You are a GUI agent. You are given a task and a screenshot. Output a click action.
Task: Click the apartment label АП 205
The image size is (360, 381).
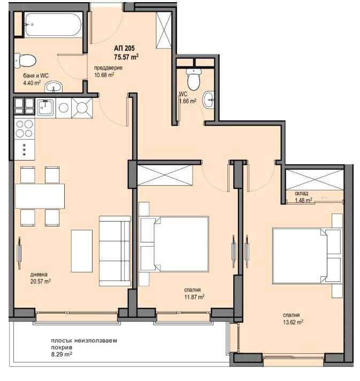(124, 47)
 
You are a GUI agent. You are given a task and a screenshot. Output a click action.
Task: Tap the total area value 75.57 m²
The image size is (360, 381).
(126, 56)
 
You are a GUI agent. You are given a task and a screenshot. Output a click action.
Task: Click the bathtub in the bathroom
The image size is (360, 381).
(52, 25)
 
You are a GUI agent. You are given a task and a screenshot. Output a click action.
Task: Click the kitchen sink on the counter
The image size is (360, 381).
(47, 107)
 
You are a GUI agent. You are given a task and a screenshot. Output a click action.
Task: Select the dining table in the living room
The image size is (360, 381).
(40, 196)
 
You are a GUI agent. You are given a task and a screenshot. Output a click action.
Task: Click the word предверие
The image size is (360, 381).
(109, 68)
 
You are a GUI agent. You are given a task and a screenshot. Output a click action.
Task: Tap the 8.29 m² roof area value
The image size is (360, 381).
(62, 354)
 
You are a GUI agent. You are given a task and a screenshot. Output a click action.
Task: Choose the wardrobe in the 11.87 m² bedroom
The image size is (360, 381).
(165, 176)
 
